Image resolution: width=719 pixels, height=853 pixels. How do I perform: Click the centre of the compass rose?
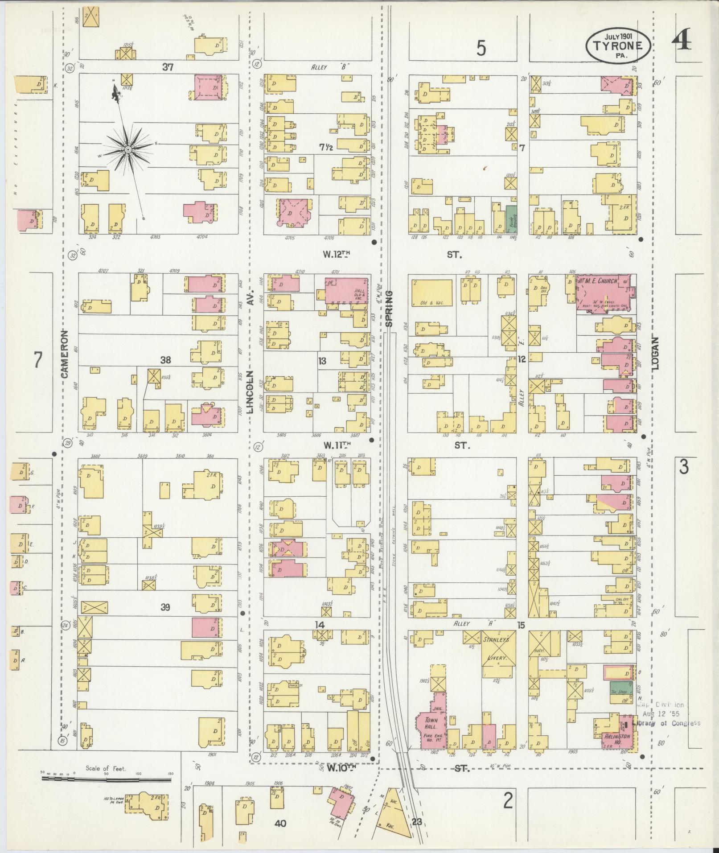(128, 149)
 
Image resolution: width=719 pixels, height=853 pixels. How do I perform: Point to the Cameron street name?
(66, 354)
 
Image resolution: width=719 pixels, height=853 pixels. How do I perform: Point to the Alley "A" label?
(468, 624)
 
